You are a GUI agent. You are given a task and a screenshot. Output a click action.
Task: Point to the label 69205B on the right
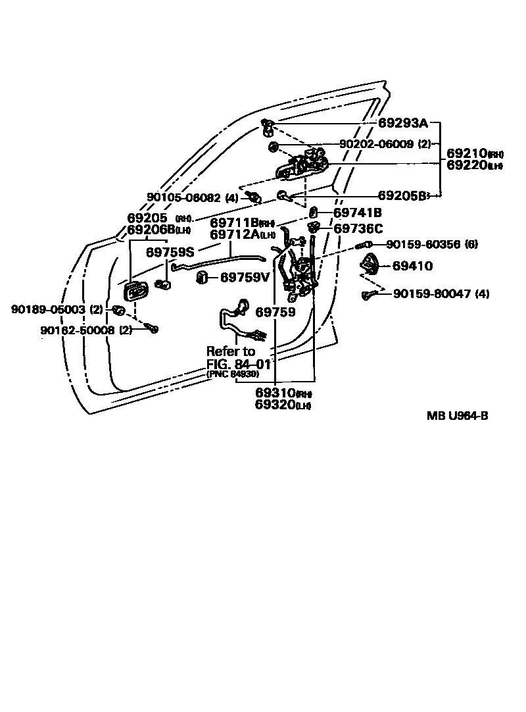402,195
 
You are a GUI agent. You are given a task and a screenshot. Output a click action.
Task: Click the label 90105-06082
184,197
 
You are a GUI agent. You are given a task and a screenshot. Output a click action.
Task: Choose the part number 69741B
358,213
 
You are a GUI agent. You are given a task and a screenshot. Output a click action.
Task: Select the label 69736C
358,228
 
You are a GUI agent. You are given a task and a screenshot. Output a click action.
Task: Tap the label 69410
412,267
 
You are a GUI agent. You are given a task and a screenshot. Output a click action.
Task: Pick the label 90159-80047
432,293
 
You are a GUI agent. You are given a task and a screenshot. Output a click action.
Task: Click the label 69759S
170,251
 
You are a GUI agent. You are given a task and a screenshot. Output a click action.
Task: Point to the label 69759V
245,278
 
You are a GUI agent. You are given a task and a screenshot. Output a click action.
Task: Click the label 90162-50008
78,330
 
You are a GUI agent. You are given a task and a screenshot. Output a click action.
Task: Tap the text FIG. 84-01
239,363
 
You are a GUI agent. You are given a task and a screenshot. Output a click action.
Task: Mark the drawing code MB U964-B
457,415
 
